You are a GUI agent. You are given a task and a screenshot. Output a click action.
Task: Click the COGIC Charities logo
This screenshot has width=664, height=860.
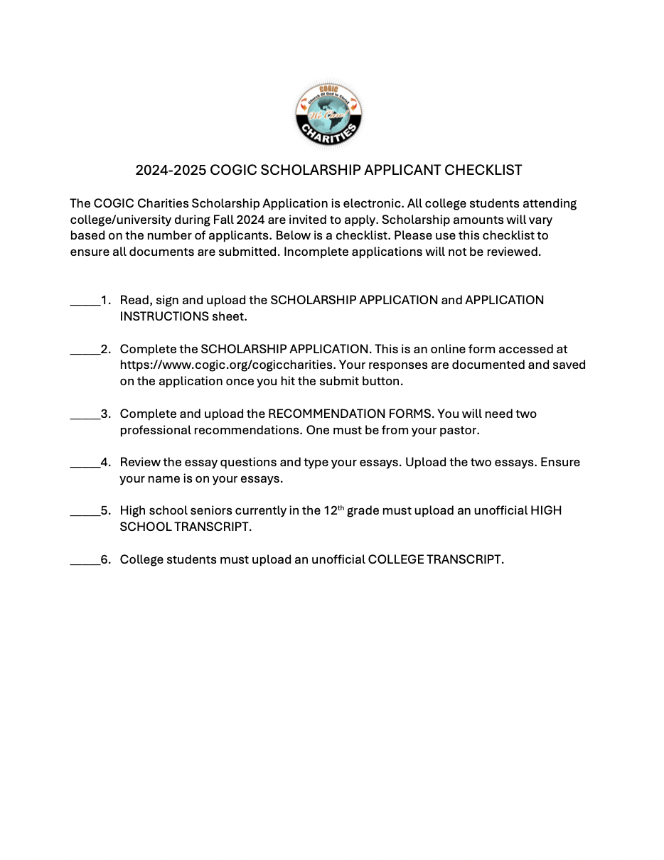(x=328, y=114)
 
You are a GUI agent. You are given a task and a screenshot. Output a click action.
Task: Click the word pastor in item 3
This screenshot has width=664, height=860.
(x=461, y=431)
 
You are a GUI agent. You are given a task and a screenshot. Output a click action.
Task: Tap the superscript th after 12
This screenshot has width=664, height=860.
(x=341, y=507)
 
